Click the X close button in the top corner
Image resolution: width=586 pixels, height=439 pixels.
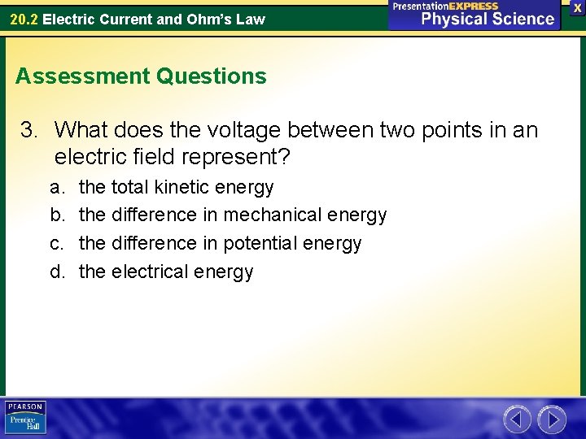(576, 7)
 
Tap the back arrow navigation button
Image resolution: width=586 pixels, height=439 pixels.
(517, 419)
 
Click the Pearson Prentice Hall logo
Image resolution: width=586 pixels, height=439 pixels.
(25, 418)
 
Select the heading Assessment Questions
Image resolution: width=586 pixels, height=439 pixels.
(141, 76)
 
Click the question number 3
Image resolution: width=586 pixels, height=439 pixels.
(30, 130)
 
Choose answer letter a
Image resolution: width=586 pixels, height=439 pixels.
(56, 187)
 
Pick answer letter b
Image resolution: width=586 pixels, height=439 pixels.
(56, 215)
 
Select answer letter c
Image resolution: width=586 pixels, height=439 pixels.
(56, 243)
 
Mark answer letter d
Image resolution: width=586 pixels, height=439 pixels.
(56, 272)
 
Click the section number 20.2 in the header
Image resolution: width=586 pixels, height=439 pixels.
(24, 19)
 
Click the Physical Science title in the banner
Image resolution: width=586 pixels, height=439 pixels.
(487, 19)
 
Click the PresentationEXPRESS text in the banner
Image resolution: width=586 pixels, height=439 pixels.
(445, 6)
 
